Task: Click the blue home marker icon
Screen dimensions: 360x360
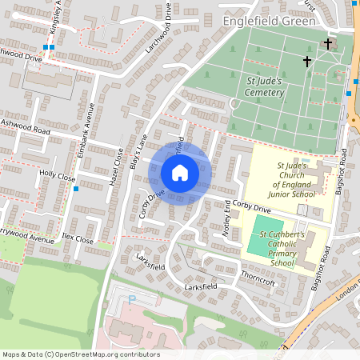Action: pos(180,173)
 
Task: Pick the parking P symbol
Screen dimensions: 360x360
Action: pos(132,299)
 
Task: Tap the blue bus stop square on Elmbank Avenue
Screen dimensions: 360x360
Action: pos(75,189)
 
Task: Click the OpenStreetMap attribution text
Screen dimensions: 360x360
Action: pos(80,354)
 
